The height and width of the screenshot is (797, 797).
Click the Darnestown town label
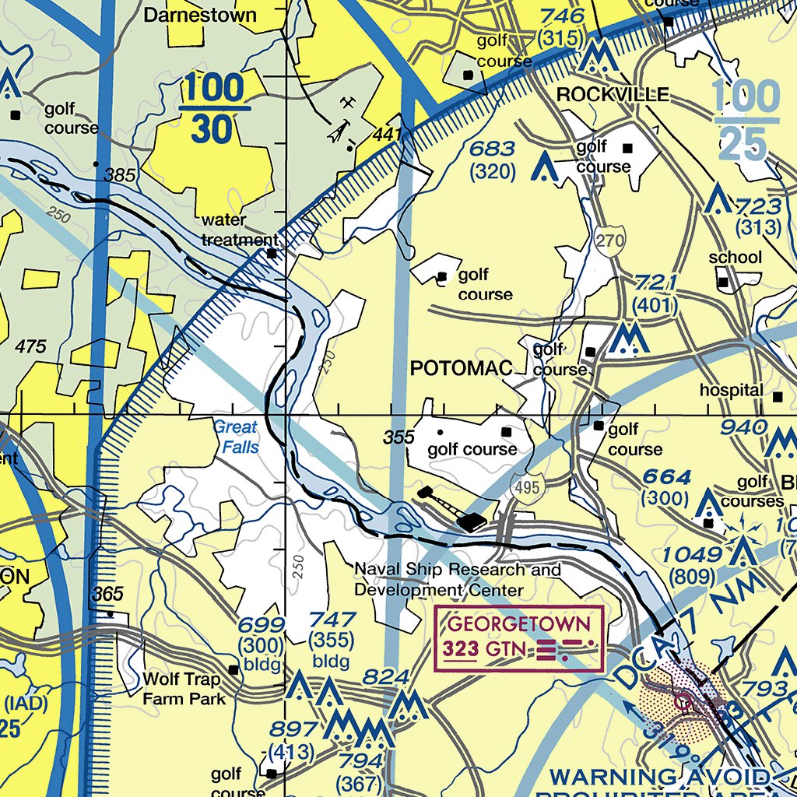200,15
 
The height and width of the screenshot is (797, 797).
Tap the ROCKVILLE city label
613,95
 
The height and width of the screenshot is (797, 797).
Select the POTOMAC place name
462,369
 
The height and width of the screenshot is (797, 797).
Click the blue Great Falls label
235,437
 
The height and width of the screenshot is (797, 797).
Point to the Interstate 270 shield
611,241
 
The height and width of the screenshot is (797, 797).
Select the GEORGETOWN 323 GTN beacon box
518,637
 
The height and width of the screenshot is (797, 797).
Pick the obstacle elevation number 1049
693,555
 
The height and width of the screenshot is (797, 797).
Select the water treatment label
239,230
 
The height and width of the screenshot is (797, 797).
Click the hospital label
731,390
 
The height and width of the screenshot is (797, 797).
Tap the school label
735,258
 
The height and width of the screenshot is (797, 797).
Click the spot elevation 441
386,135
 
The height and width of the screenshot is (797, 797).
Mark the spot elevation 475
31,347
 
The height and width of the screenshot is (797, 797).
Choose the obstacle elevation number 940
743,427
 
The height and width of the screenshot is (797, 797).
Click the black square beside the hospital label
777,397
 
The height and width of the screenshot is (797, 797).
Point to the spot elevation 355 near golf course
398,437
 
